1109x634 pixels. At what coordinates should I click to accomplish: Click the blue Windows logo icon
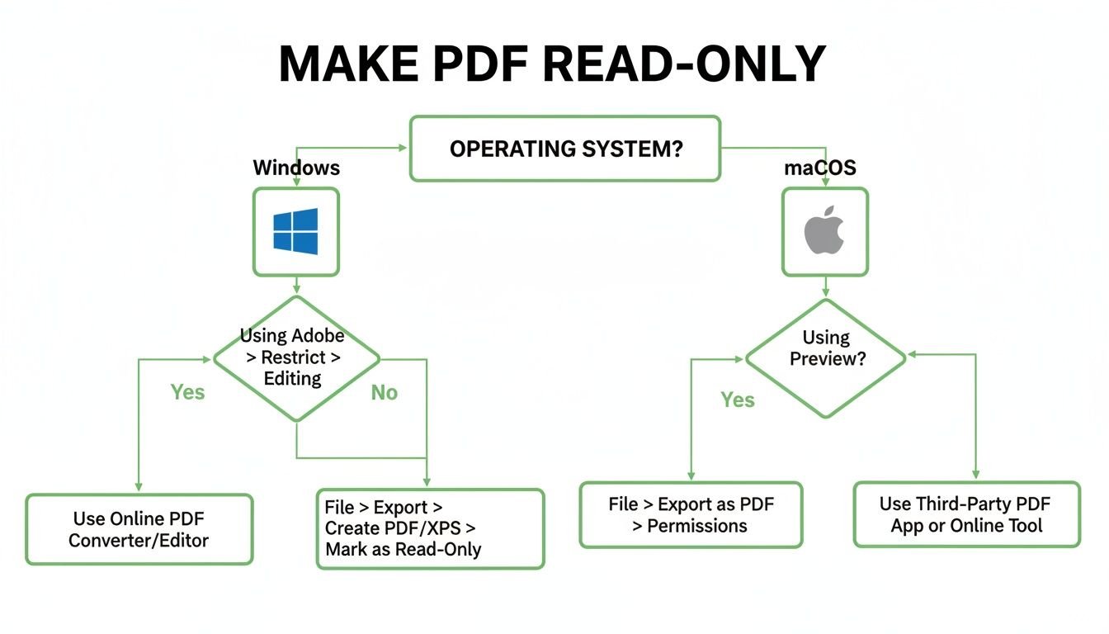[x=295, y=231]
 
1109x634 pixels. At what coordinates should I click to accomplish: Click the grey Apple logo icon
[x=824, y=231]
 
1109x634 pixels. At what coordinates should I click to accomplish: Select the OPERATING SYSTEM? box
[x=565, y=149]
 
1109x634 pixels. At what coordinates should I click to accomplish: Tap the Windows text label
[x=296, y=168]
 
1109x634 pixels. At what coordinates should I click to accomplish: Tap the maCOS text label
[x=819, y=168]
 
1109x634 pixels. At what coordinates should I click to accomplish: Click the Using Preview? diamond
[x=825, y=358]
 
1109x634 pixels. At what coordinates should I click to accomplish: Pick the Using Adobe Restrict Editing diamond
[x=296, y=358]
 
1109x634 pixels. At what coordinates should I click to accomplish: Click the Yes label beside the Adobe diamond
[x=187, y=392]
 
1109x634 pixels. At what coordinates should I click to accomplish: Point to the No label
[x=384, y=393]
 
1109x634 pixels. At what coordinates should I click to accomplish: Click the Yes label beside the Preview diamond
[x=737, y=400]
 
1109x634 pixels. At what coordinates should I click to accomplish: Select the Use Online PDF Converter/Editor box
[x=139, y=529]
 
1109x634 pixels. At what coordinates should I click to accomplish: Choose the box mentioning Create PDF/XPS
[x=430, y=528]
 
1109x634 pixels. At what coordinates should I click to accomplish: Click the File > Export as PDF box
[x=691, y=514]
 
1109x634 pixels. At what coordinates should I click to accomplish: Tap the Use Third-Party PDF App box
[x=966, y=514]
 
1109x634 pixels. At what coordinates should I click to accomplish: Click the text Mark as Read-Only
[x=403, y=549]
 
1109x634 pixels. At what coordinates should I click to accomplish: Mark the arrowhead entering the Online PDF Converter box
[x=139, y=488]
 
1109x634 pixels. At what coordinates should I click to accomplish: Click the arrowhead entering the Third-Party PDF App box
[x=976, y=475]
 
